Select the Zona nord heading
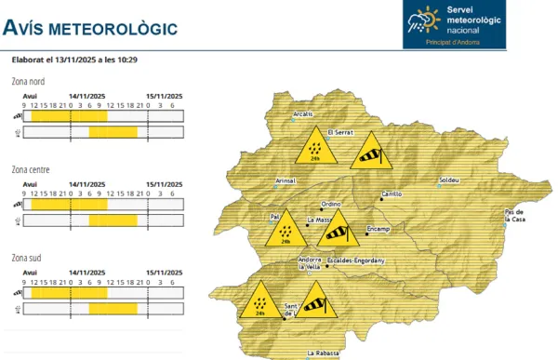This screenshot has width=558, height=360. click(x=30, y=82)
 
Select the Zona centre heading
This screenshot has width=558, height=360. click(x=32, y=169)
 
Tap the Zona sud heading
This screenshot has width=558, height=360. click(x=28, y=257)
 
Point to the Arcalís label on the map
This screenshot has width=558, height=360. click(x=303, y=114)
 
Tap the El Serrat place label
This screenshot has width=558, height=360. click(x=339, y=133)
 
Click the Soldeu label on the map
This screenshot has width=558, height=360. click(x=448, y=179)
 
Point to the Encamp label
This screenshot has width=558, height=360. click(x=378, y=228)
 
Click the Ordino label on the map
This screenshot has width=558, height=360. click(x=332, y=204)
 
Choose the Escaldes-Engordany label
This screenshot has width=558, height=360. click(x=356, y=260)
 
